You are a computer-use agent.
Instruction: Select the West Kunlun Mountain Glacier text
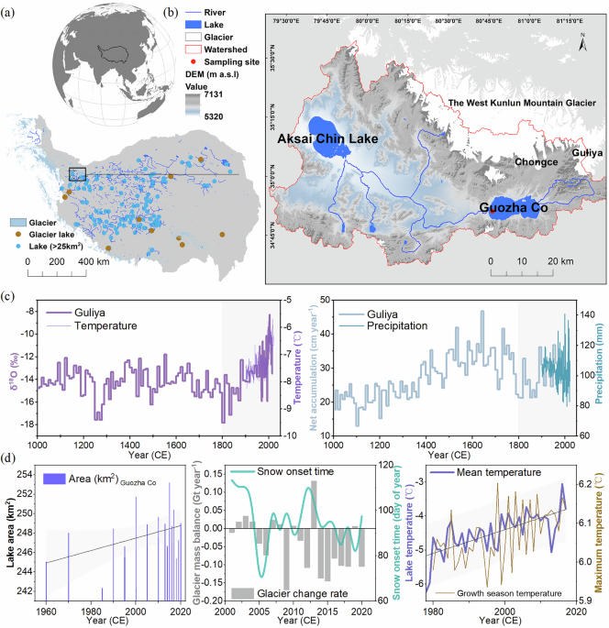click(511, 109)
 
